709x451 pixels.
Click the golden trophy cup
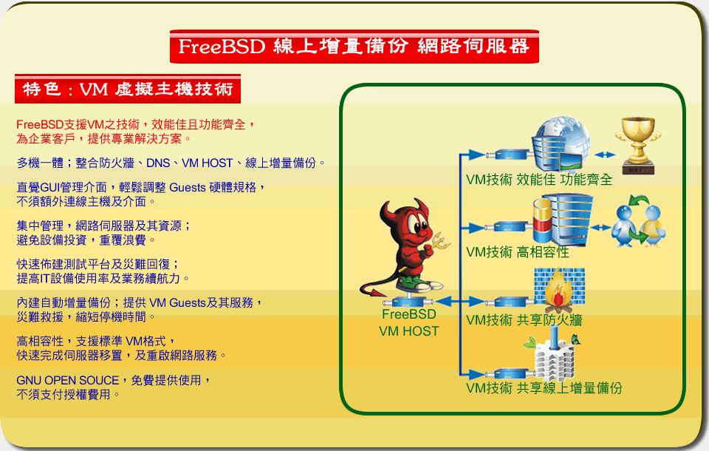pyautogui.click(x=638, y=146)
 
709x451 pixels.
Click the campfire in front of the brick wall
pyautogui.click(x=559, y=290)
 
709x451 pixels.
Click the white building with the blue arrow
pyautogui.click(x=552, y=358)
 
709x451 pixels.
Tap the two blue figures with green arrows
pyautogui.click(x=638, y=221)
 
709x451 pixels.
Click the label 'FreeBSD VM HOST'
pyautogui.click(x=408, y=322)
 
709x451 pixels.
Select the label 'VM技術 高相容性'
pyautogui.click(x=518, y=252)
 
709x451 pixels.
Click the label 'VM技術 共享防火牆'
pyautogui.click(x=524, y=320)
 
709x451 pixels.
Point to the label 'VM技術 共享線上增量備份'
pyautogui.click(x=544, y=388)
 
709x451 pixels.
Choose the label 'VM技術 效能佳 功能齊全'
pyautogui.click(x=539, y=180)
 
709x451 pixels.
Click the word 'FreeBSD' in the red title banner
pyautogui.click(x=222, y=47)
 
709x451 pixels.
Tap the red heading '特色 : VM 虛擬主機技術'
pyautogui.click(x=128, y=89)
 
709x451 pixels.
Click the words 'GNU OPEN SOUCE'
pyautogui.click(x=68, y=380)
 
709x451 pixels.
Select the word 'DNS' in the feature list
pyautogui.click(x=158, y=163)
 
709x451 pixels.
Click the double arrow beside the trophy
pyautogui.click(x=605, y=155)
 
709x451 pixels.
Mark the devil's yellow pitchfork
pyautogui.click(x=438, y=243)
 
